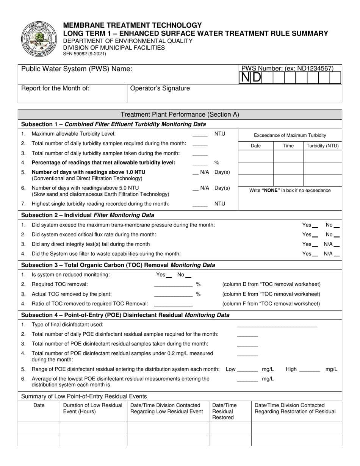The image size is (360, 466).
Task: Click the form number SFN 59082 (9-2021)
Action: [85, 54]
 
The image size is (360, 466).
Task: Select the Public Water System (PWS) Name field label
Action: [77, 69]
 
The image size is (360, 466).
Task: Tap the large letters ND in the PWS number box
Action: [251, 78]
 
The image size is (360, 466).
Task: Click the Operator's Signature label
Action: [160, 88]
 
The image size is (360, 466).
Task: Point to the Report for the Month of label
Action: [55, 88]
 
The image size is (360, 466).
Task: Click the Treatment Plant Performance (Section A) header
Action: [180, 114]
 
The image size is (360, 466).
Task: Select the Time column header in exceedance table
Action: [288, 146]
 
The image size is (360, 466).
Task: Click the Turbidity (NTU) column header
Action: [322, 146]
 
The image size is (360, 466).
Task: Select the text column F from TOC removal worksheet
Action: [271, 303]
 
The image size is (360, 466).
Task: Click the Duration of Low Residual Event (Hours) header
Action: [93, 408]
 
